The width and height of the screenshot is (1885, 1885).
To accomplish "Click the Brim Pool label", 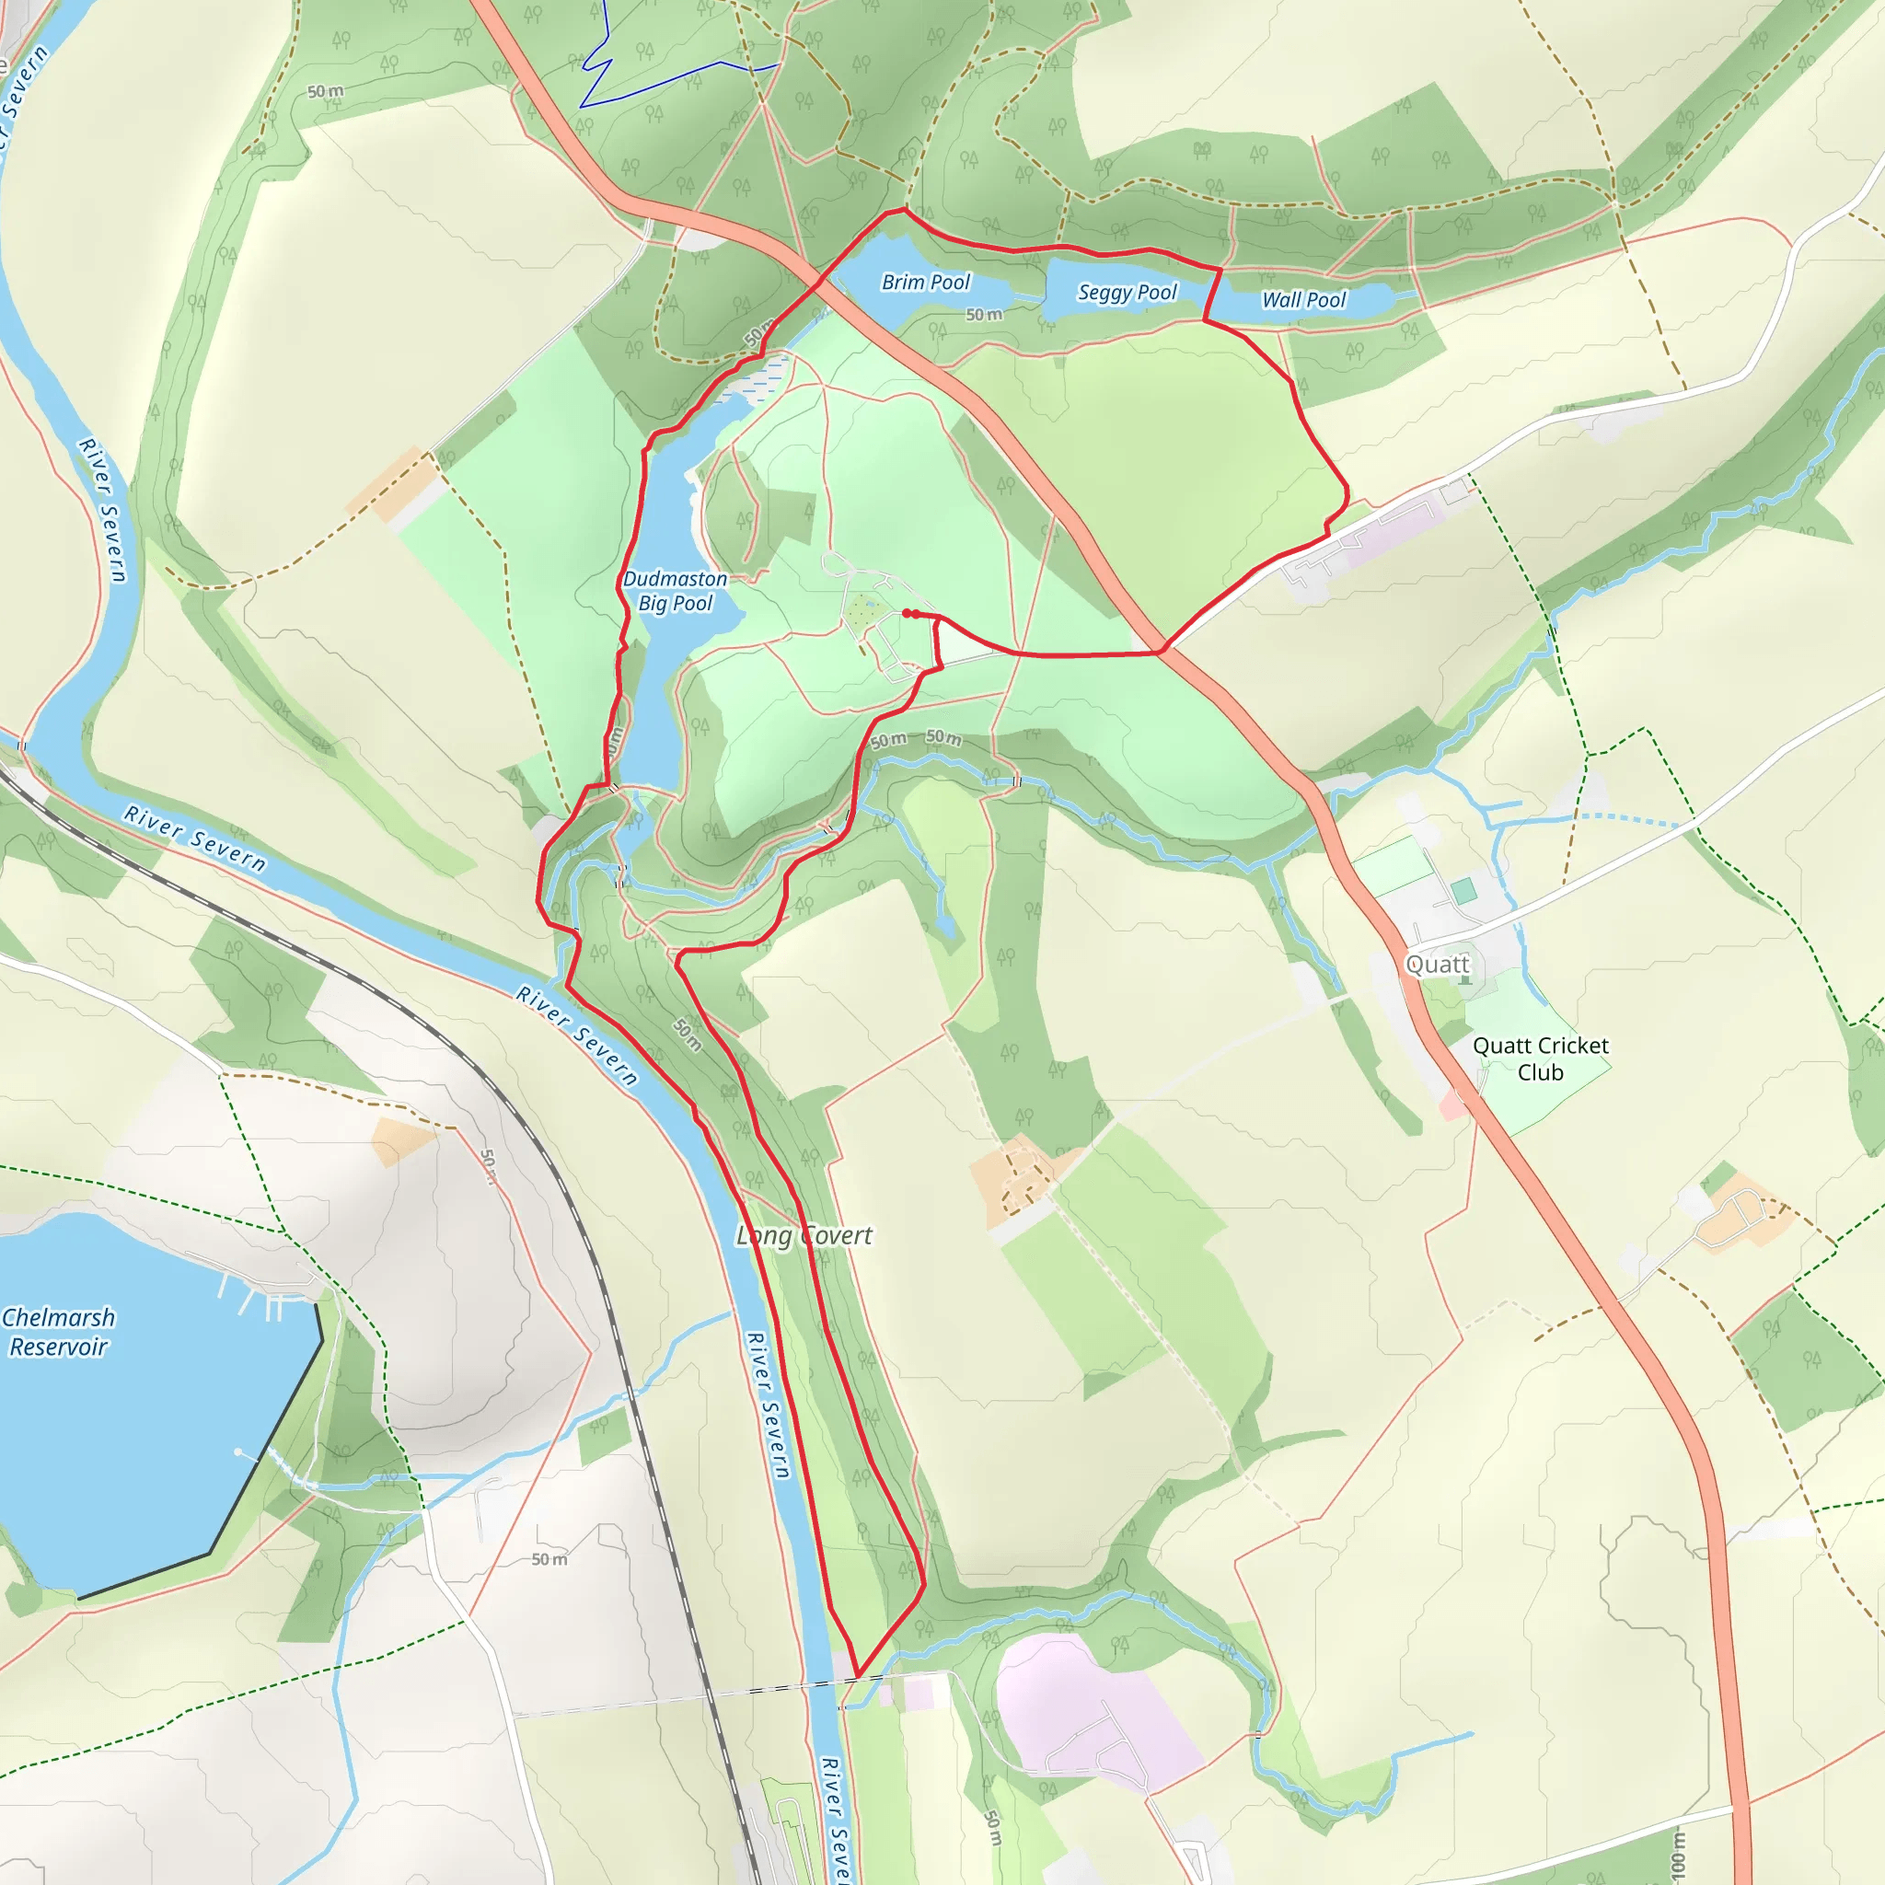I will click(925, 282).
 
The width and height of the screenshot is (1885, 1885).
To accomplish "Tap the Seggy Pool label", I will click(1127, 292).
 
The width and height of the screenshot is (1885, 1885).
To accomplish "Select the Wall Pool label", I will click(1303, 299).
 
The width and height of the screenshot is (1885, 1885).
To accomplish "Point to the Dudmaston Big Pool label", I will click(676, 590).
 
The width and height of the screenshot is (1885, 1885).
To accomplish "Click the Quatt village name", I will click(1436, 964).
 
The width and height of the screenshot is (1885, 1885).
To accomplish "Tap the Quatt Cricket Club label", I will click(1541, 1058).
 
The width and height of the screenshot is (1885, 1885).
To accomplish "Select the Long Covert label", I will click(804, 1235).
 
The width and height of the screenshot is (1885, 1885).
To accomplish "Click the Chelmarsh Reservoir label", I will click(59, 1332).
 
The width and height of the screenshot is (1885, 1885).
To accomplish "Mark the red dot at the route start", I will click(908, 613).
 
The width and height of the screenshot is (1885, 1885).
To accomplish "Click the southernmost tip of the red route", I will click(858, 1674).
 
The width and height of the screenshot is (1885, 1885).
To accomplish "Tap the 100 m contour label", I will click(1677, 1855).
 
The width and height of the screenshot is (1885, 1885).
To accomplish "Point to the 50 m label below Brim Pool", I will click(984, 314).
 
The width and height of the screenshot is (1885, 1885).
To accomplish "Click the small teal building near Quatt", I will click(1463, 891).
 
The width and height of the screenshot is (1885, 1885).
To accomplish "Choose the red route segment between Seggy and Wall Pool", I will click(1213, 294).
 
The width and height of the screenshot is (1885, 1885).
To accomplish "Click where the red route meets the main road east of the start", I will click(1161, 650).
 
